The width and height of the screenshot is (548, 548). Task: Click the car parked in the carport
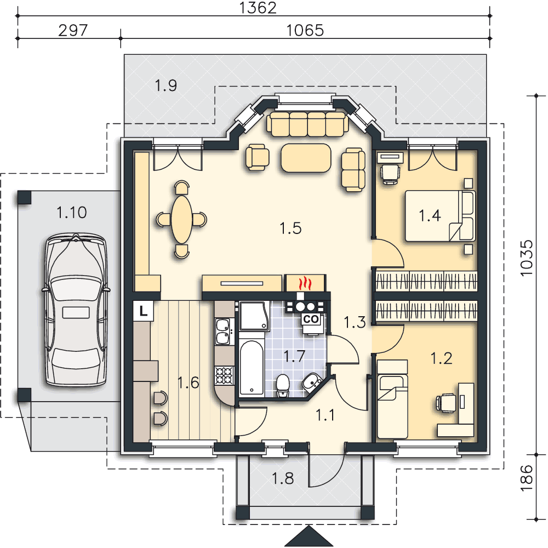(x=76, y=310)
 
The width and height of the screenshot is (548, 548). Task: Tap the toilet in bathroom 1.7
(x=282, y=386)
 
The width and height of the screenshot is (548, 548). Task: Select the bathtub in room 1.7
(x=252, y=368)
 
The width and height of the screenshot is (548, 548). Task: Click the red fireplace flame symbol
(x=305, y=283)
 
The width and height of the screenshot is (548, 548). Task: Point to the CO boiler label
(x=311, y=319)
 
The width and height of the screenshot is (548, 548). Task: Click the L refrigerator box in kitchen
(x=143, y=311)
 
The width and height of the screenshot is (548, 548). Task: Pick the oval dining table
(x=182, y=220)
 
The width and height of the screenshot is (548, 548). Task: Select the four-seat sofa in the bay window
(x=307, y=124)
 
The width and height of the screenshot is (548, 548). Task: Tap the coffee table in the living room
(x=306, y=158)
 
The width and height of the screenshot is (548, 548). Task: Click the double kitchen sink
(x=223, y=332)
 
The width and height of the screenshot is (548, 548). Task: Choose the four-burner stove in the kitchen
(x=224, y=375)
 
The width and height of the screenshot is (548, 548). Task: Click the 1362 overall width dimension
(x=258, y=8)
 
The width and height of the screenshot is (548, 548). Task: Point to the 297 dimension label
(x=73, y=30)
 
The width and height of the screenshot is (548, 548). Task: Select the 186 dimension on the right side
(x=526, y=478)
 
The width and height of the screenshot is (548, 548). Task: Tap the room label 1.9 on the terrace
(x=165, y=85)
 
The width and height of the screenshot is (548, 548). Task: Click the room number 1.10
(x=72, y=213)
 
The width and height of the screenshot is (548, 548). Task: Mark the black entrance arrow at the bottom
(x=309, y=536)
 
